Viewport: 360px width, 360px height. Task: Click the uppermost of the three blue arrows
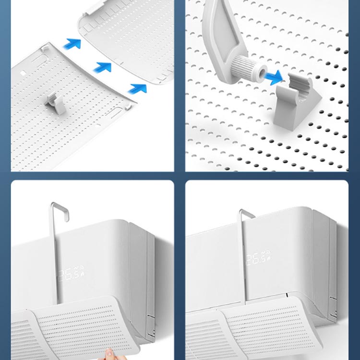tap(72, 44)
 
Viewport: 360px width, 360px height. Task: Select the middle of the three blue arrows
tap(103, 67)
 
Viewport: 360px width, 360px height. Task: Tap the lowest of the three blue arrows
tap(137, 89)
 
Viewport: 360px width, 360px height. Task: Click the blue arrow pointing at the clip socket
tap(273, 77)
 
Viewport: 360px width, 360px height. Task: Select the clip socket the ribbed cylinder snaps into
tap(297, 101)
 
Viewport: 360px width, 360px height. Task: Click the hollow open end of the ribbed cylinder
tap(262, 73)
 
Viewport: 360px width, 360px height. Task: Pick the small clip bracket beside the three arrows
tap(55, 103)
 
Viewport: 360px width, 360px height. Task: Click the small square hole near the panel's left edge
tap(23, 73)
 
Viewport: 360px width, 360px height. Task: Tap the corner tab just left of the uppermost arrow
tap(45, 48)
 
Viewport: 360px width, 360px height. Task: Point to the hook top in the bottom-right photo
tap(247, 214)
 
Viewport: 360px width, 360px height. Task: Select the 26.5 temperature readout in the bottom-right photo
tap(255, 259)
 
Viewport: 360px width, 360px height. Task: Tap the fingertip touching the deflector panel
tap(109, 352)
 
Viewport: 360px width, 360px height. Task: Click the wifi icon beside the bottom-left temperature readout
tap(81, 268)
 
